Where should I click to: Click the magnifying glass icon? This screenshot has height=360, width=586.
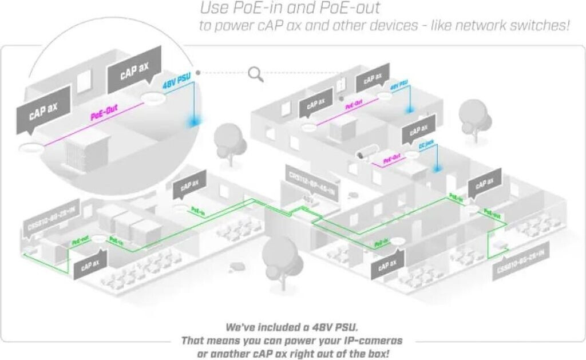point(256,73)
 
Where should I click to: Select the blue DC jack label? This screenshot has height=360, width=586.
point(426,146)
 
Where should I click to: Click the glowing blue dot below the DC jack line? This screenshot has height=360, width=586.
point(437,169)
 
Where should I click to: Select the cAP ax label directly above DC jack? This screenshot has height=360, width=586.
point(415,132)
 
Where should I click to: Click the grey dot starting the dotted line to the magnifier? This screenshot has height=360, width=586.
point(198,73)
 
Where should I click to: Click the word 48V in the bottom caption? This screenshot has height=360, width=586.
point(316,328)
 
